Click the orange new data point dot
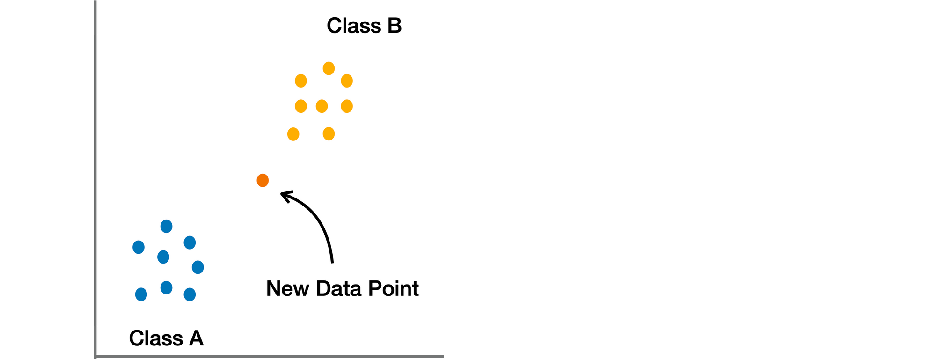point(263,180)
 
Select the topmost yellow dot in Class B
point(329,68)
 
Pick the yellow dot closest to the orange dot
point(293,134)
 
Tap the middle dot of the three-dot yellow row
point(322,106)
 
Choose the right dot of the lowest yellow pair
point(329,134)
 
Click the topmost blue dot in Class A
point(166,227)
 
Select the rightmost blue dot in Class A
point(197,267)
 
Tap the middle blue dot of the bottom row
point(166,287)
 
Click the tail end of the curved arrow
point(332,263)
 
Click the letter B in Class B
point(394,26)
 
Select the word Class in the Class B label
point(354,26)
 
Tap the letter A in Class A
point(196,338)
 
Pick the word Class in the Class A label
point(156,338)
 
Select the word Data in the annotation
point(339,289)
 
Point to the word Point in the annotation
point(393,289)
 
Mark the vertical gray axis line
point(95,179)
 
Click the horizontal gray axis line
point(269,357)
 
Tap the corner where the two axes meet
point(95,357)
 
